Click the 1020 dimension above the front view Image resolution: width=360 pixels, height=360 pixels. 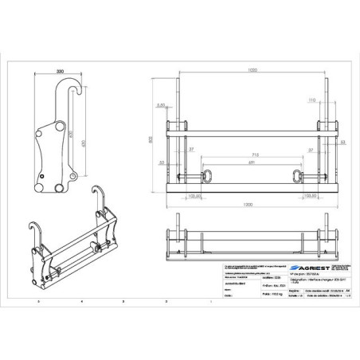pos(252,71)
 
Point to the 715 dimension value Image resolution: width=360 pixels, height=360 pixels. pos(252,153)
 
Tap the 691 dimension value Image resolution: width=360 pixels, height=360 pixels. pos(252,162)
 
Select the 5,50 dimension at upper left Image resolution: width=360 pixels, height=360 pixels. pos(160,104)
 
